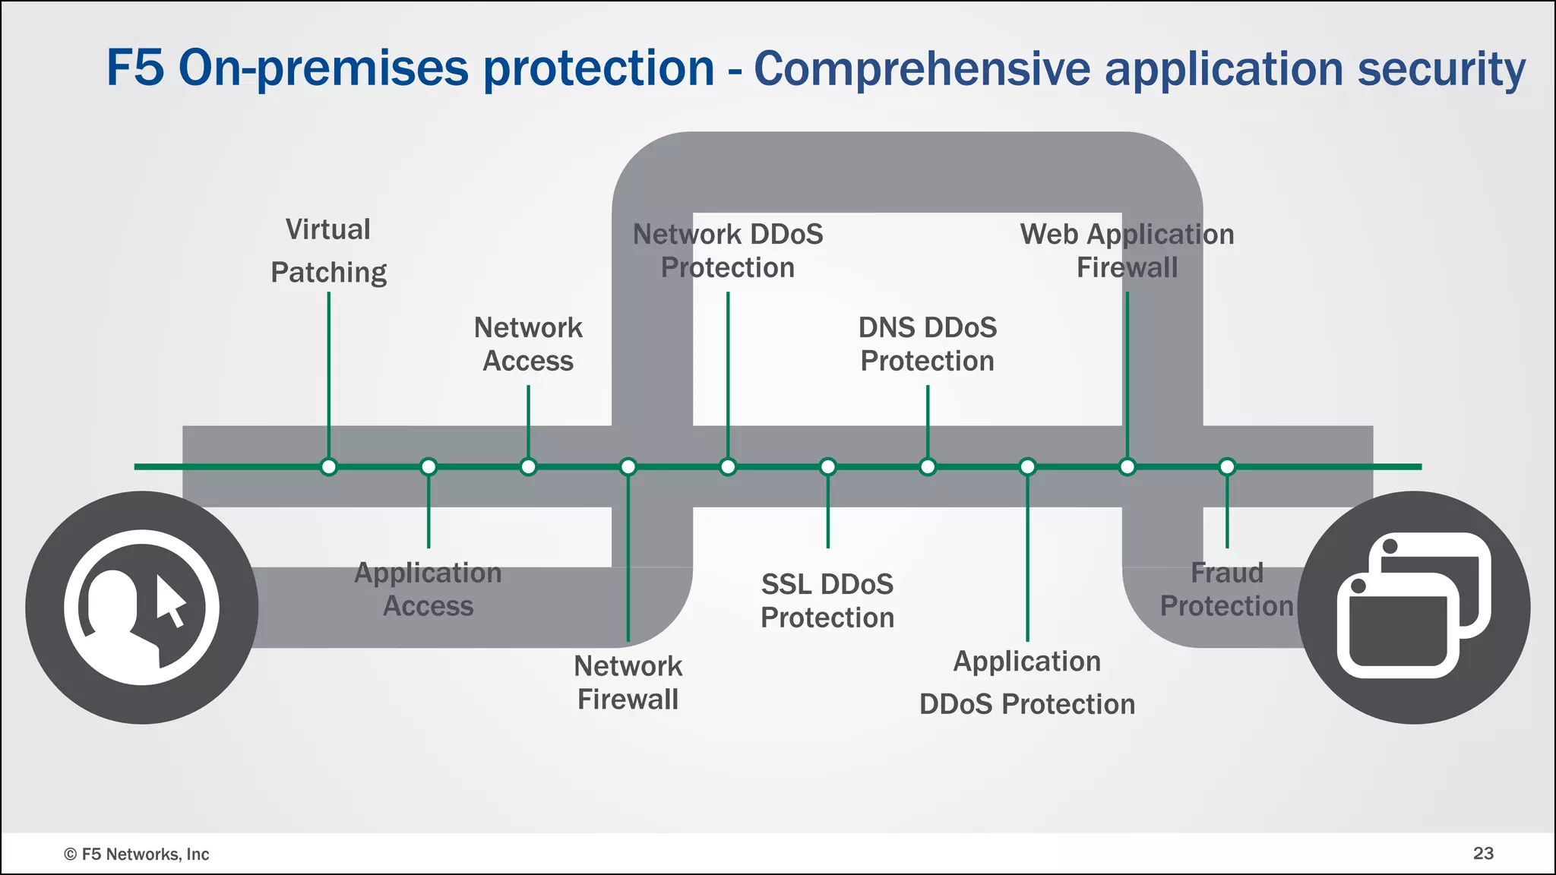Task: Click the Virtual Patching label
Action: (x=328, y=251)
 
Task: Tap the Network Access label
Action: (x=528, y=344)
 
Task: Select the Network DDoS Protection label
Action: (x=728, y=251)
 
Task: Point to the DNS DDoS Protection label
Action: (x=927, y=344)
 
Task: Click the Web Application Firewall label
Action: (x=1127, y=251)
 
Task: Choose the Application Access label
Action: (x=428, y=589)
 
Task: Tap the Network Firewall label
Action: (x=628, y=682)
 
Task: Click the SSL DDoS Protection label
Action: (x=827, y=601)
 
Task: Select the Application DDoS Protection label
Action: (x=1026, y=682)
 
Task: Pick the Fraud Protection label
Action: (x=1226, y=589)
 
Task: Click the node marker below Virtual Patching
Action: (x=328, y=466)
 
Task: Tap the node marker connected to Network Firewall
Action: (x=628, y=466)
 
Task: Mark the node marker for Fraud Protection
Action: (x=1227, y=466)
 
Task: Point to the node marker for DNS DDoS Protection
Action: (x=928, y=466)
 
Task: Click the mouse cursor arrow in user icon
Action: (x=170, y=600)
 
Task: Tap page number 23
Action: (x=1483, y=853)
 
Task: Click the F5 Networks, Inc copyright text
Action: (x=137, y=854)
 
